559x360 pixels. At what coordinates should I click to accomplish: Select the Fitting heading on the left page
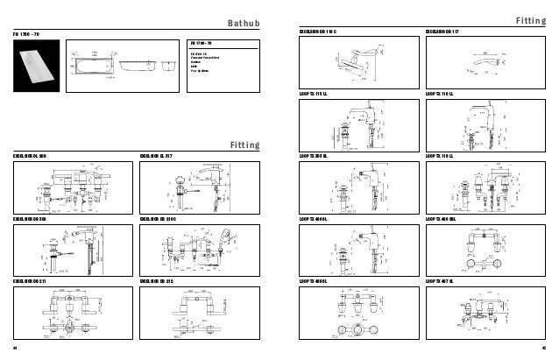(x=244, y=145)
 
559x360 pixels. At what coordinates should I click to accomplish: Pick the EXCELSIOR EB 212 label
(x=159, y=281)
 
